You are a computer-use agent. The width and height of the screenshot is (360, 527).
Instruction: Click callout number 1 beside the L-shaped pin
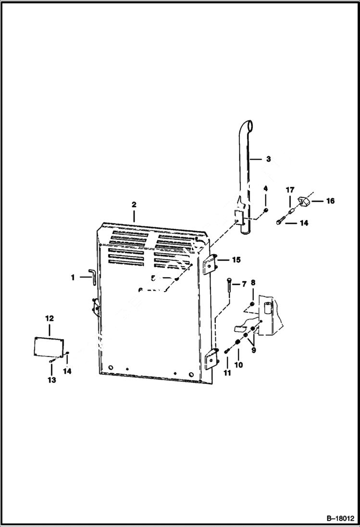73,277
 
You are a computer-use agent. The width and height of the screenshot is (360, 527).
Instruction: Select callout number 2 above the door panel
134,205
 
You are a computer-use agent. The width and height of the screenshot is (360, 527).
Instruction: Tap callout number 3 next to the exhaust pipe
268,159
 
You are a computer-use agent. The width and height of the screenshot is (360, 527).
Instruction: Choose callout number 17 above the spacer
290,191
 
